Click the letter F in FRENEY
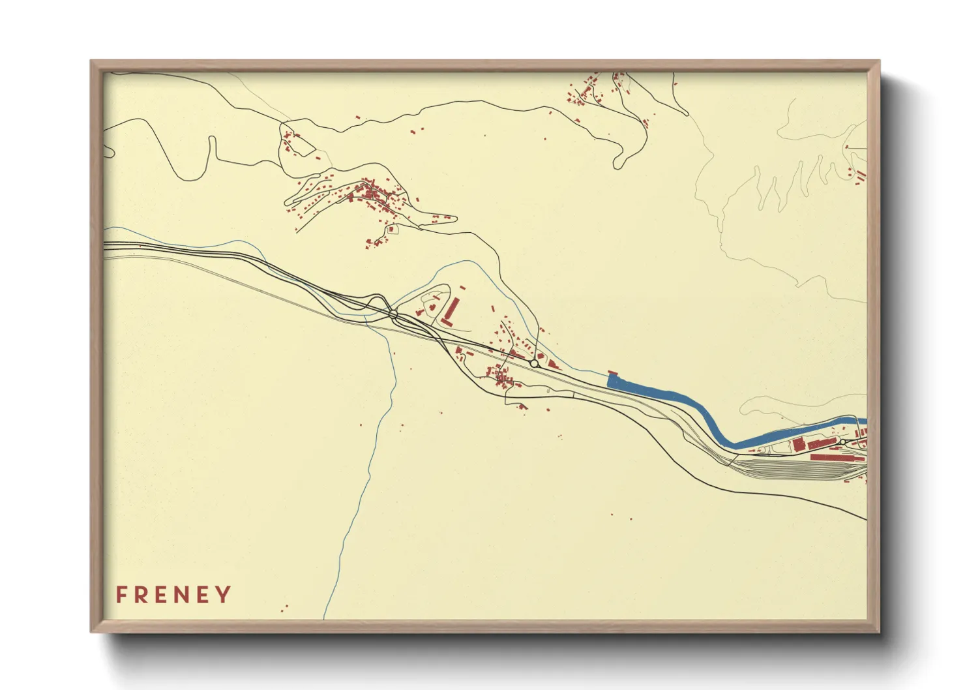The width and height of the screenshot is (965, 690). pyautogui.click(x=121, y=595)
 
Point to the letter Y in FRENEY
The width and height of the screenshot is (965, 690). pyautogui.click(x=224, y=595)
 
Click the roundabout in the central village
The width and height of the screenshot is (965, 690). pyautogui.click(x=534, y=363)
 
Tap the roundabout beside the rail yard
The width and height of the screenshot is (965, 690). pyautogui.click(x=842, y=442)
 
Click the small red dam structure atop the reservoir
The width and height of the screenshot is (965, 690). pyautogui.click(x=612, y=374)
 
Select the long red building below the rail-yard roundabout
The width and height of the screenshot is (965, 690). pyautogui.click(x=838, y=458)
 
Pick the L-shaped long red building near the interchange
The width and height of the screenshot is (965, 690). pyautogui.click(x=450, y=312)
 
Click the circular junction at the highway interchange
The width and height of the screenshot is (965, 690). pyautogui.click(x=393, y=314)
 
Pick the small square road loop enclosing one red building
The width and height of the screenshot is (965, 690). pyautogui.click(x=391, y=230)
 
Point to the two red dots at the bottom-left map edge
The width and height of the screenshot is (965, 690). pyautogui.click(x=284, y=608)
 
